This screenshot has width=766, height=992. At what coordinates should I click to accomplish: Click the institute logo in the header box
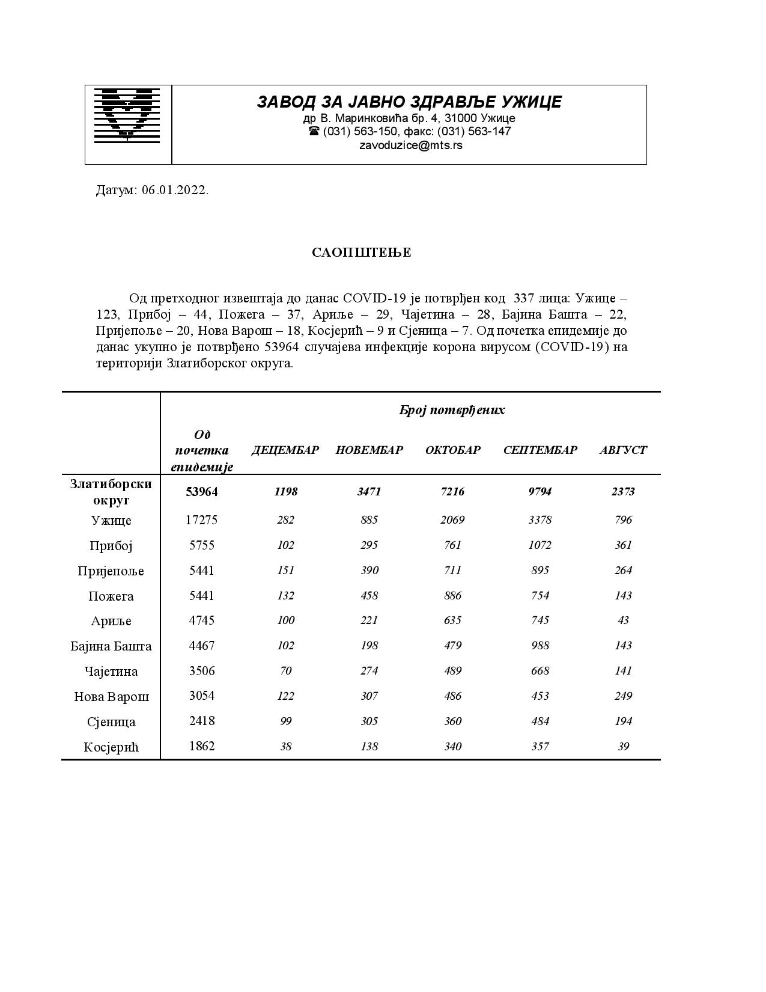[127, 115]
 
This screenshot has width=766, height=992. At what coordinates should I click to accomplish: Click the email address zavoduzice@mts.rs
[410, 145]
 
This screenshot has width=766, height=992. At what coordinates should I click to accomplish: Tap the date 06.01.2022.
[175, 191]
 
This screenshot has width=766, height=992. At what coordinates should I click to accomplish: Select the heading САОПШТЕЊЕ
[361, 253]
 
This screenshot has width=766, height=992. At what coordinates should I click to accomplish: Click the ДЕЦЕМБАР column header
[285, 450]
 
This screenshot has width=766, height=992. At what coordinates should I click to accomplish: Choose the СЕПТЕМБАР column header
[540, 450]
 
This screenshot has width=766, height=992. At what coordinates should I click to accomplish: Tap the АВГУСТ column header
[623, 450]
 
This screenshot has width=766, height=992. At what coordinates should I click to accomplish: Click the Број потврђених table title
[452, 410]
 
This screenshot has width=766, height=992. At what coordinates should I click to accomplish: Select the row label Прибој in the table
[111, 546]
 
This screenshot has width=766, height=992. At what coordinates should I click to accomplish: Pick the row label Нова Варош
[111, 697]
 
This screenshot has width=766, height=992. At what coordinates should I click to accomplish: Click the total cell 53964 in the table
[201, 492]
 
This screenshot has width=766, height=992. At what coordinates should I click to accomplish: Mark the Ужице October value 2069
[452, 520]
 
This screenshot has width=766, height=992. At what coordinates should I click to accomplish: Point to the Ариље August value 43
[623, 620]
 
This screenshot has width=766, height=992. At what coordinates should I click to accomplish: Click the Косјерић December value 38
[285, 746]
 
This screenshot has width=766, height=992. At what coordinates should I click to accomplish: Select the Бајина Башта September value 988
[540, 646]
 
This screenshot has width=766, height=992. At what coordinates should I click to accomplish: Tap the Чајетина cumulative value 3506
[201, 671]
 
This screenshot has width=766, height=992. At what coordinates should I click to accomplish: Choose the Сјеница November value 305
[369, 721]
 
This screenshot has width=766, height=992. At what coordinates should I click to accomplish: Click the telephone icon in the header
[314, 131]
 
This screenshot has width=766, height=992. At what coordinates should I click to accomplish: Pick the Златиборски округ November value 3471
[369, 492]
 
